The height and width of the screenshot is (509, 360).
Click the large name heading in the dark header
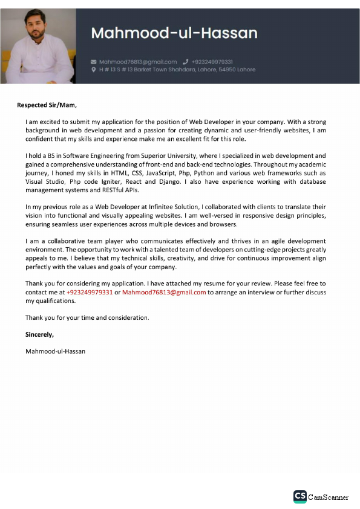(174, 33)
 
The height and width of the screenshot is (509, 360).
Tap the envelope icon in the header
(93, 62)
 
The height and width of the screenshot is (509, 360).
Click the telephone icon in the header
(185, 62)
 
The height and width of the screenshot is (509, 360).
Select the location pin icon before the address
(93, 70)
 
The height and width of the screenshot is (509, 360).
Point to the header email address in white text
(138, 62)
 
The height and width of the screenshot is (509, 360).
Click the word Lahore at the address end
(246, 70)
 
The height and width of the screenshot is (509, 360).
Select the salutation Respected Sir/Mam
(47, 105)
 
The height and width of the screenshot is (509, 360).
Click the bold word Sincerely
(39, 334)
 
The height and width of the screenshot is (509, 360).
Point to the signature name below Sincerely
(55, 351)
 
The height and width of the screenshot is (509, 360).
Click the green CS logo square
(299, 496)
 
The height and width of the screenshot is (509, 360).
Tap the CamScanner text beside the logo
(329, 497)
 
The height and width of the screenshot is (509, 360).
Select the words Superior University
(158, 155)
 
